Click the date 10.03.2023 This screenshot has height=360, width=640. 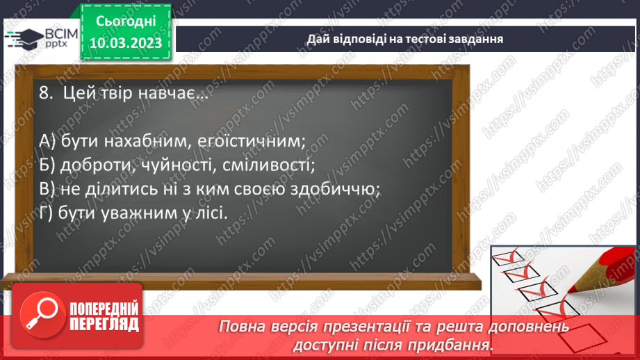(x=125, y=42)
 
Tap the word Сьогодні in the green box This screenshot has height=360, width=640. (x=125, y=20)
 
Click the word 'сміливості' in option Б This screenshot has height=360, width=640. (x=263, y=165)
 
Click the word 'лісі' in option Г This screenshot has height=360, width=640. (x=209, y=213)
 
